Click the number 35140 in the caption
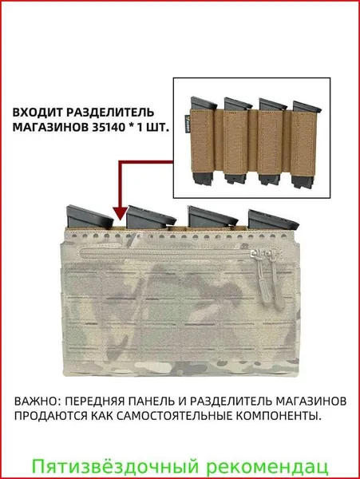coord(108,127)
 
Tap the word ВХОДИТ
coord(37,112)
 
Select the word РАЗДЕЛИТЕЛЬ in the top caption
coord(109,112)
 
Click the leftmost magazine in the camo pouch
coord(89,216)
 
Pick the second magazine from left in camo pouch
coord(150,216)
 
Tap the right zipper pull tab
coord(275,279)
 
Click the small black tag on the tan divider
coord(187,126)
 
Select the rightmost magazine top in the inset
coord(307,105)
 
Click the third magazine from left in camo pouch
coord(212,217)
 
